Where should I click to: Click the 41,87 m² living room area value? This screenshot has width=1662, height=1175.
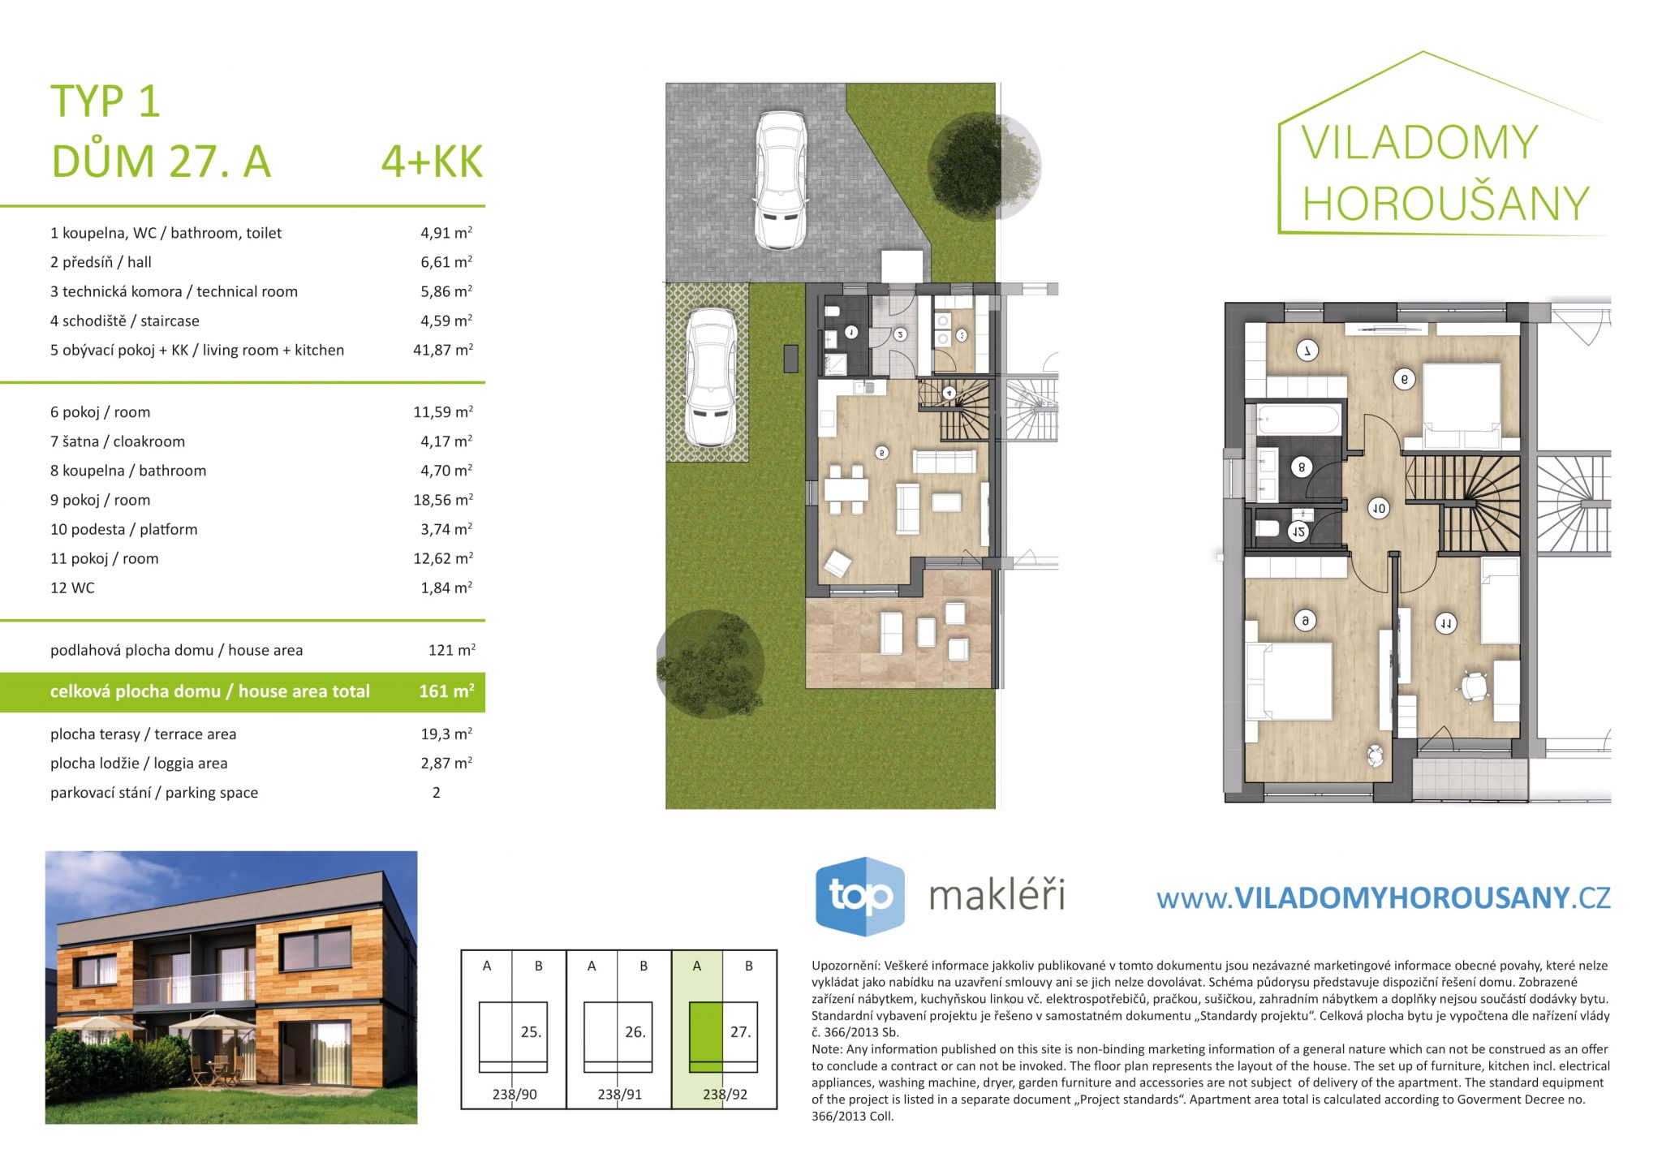pos(443,350)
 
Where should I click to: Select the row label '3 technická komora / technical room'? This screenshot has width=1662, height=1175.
pos(174,291)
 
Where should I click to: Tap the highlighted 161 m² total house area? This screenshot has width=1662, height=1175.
pos(446,691)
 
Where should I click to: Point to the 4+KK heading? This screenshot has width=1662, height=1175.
pos(432,161)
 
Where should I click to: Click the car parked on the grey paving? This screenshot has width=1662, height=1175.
pos(781,179)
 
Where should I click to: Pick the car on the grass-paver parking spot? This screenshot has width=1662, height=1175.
pos(711,377)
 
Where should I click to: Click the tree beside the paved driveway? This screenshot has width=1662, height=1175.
pos(984,166)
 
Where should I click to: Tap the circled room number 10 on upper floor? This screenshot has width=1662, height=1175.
pos(1379,509)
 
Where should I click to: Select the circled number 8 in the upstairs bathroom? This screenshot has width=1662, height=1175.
pos(1302,467)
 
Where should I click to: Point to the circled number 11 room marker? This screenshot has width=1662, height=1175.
pos(1445,623)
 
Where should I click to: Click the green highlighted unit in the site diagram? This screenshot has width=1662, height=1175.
pos(705,1037)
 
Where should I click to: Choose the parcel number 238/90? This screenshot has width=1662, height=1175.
pos(515,1094)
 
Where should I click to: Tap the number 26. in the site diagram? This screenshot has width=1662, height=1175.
pos(635,1032)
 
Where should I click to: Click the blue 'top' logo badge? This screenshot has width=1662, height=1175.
pos(859,897)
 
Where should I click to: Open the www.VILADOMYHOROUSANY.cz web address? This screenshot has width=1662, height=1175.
pos(1384,897)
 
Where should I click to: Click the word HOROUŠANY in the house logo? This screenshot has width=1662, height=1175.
pos(1445,203)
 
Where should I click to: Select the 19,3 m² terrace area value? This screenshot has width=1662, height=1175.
pos(446,734)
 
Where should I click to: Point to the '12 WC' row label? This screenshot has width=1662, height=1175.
pos(72,587)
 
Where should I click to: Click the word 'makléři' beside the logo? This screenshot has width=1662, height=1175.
pos(997,895)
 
